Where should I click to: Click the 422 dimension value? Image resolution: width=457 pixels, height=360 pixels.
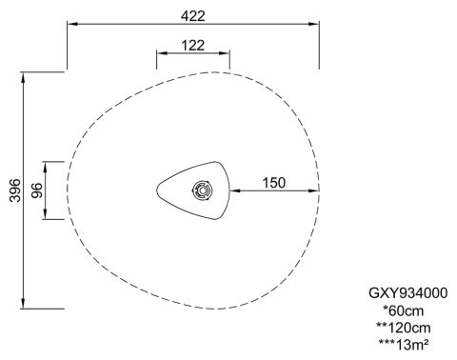tap(193, 16)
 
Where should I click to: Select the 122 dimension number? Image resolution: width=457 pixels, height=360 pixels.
tap(193, 46)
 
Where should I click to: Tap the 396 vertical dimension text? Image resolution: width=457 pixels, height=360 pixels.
tap(15, 190)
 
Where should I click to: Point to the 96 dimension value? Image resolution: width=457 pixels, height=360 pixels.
tap(37, 190)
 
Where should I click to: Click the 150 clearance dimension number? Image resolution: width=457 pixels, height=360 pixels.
tap(274, 183)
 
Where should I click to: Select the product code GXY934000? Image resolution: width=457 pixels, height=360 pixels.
tap(407, 293)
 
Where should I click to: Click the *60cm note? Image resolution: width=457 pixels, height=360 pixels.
tap(404, 310)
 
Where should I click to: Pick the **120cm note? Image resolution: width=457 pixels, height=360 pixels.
tap(404, 328)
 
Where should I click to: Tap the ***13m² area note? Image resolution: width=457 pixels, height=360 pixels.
tap(404, 345)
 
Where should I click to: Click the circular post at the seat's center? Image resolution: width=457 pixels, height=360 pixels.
tap(203, 190)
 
